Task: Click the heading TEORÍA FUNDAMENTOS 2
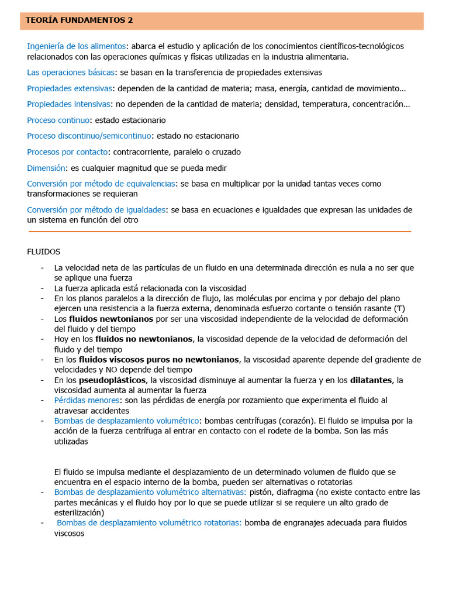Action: tap(80, 20)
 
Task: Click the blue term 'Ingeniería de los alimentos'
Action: tap(76, 46)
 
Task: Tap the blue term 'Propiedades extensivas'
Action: tap(69, 88)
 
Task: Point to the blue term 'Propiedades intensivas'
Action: tap(68, 104)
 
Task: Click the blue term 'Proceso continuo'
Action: tap(58, 120)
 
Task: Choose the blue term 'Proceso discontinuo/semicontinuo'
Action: tap(89, 136)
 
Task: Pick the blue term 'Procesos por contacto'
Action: tap(67, 152)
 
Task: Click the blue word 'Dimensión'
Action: tap(46, 168)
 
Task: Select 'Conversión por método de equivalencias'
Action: tap(101, 184)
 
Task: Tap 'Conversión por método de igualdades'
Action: tap(96, 210)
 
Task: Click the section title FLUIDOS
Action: tap(44, 252)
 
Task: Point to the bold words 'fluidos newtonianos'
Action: tap(111, 319)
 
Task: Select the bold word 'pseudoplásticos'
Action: tap(112, 380)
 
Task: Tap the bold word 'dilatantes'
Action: tap(371, 380)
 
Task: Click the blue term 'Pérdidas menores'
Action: tap(87, 400)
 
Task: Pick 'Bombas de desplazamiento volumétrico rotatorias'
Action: tap(149, 523)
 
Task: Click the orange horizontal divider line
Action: tap(219, 232)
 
